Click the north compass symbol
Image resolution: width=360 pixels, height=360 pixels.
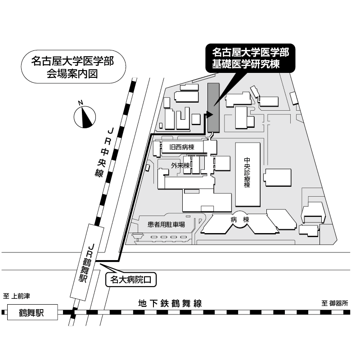85,117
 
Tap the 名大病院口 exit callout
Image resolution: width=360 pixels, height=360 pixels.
130,279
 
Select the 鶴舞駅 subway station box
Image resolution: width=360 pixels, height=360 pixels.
32,312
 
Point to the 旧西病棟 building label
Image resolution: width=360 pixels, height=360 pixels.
182,147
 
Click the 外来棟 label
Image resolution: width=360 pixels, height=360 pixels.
180,165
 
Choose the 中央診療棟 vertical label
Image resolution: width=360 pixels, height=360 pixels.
247,172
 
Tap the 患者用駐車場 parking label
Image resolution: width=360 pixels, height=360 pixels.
166,224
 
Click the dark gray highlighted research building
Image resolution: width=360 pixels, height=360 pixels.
213,108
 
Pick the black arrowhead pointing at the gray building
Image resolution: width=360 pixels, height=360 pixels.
210,114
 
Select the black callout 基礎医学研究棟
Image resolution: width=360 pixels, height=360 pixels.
250,58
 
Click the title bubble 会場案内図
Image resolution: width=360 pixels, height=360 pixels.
73,67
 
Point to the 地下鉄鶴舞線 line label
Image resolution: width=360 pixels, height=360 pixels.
170,303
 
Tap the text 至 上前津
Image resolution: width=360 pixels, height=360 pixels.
17,296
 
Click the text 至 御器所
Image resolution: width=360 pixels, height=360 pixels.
335,303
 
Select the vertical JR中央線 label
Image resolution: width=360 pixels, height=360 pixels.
104,152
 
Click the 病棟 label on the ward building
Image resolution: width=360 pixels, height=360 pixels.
240,220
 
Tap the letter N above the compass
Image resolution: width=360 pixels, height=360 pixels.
81,103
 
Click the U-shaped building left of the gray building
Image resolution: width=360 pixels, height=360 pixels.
183,119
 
